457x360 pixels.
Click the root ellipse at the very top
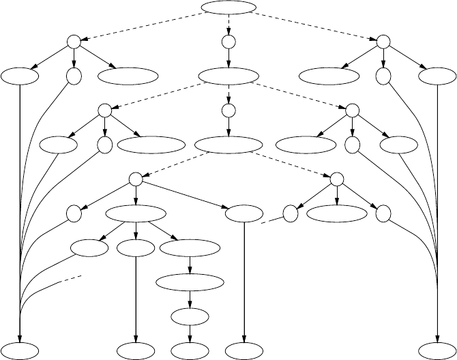tap(228, 8)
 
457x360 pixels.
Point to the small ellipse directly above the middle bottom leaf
tap(190, 316)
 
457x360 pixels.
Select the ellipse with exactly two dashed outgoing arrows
tap(228, 145)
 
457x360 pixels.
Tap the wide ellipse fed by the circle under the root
tap(228, 76)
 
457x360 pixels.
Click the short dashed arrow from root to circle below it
tap(228, 25)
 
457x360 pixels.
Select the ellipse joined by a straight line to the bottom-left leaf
tap(19, 76)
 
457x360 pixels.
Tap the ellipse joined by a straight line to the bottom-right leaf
tap(437, 76)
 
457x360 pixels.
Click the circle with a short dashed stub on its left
tap(291, 213)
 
